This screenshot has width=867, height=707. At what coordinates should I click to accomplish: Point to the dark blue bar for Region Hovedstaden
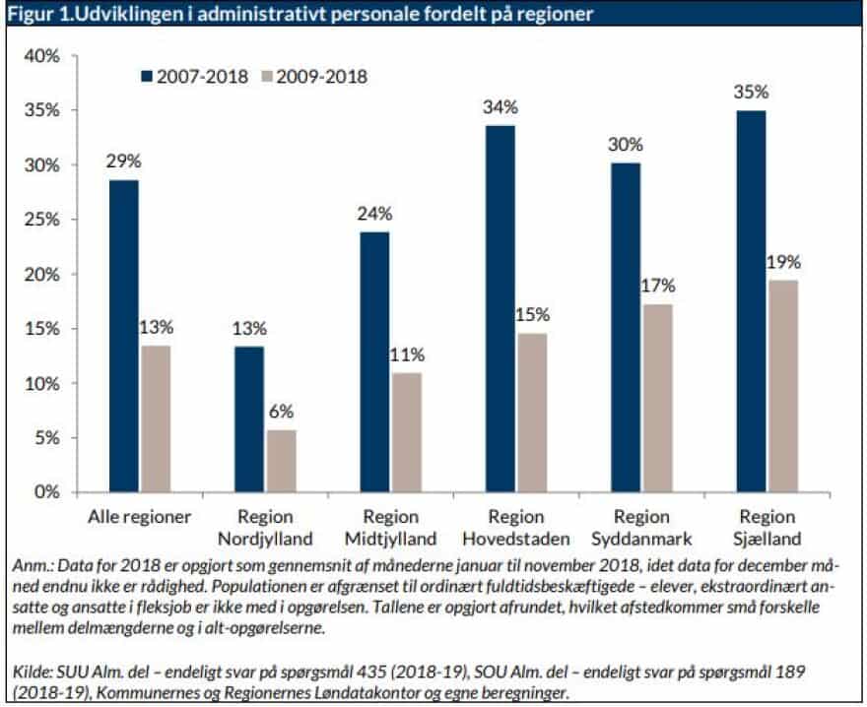click(500, 307)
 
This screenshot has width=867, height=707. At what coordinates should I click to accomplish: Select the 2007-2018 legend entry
click(194, 75)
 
